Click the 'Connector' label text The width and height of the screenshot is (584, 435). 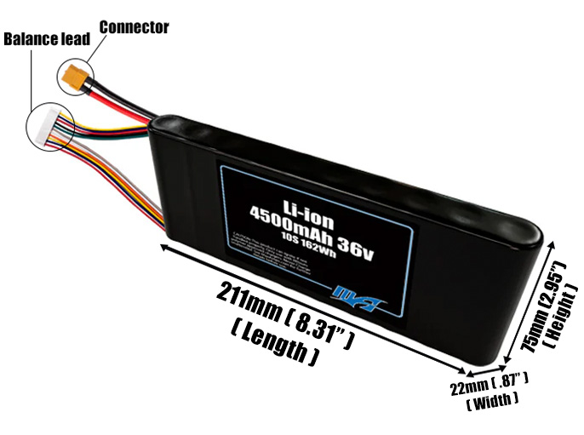click(x=134, y=27)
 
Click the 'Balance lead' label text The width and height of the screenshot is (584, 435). click(x=47, y=39)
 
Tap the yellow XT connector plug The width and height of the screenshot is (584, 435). click(x=75, y=76)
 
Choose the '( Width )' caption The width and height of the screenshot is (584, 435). click(x=493, y=397)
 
